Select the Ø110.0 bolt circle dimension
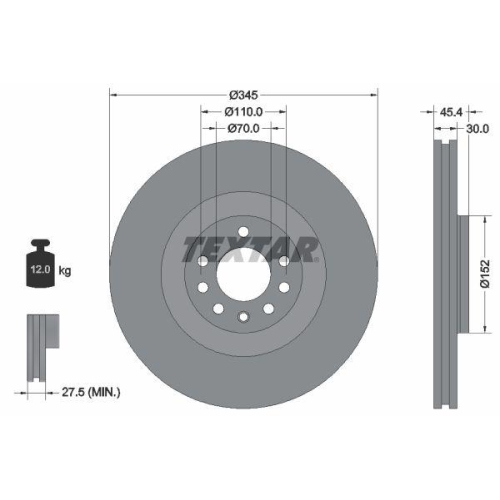243,112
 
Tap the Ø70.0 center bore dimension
243,128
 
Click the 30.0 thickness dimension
477,128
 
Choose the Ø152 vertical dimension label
483,272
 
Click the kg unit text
66,271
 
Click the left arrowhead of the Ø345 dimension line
112,94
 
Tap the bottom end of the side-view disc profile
444,405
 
